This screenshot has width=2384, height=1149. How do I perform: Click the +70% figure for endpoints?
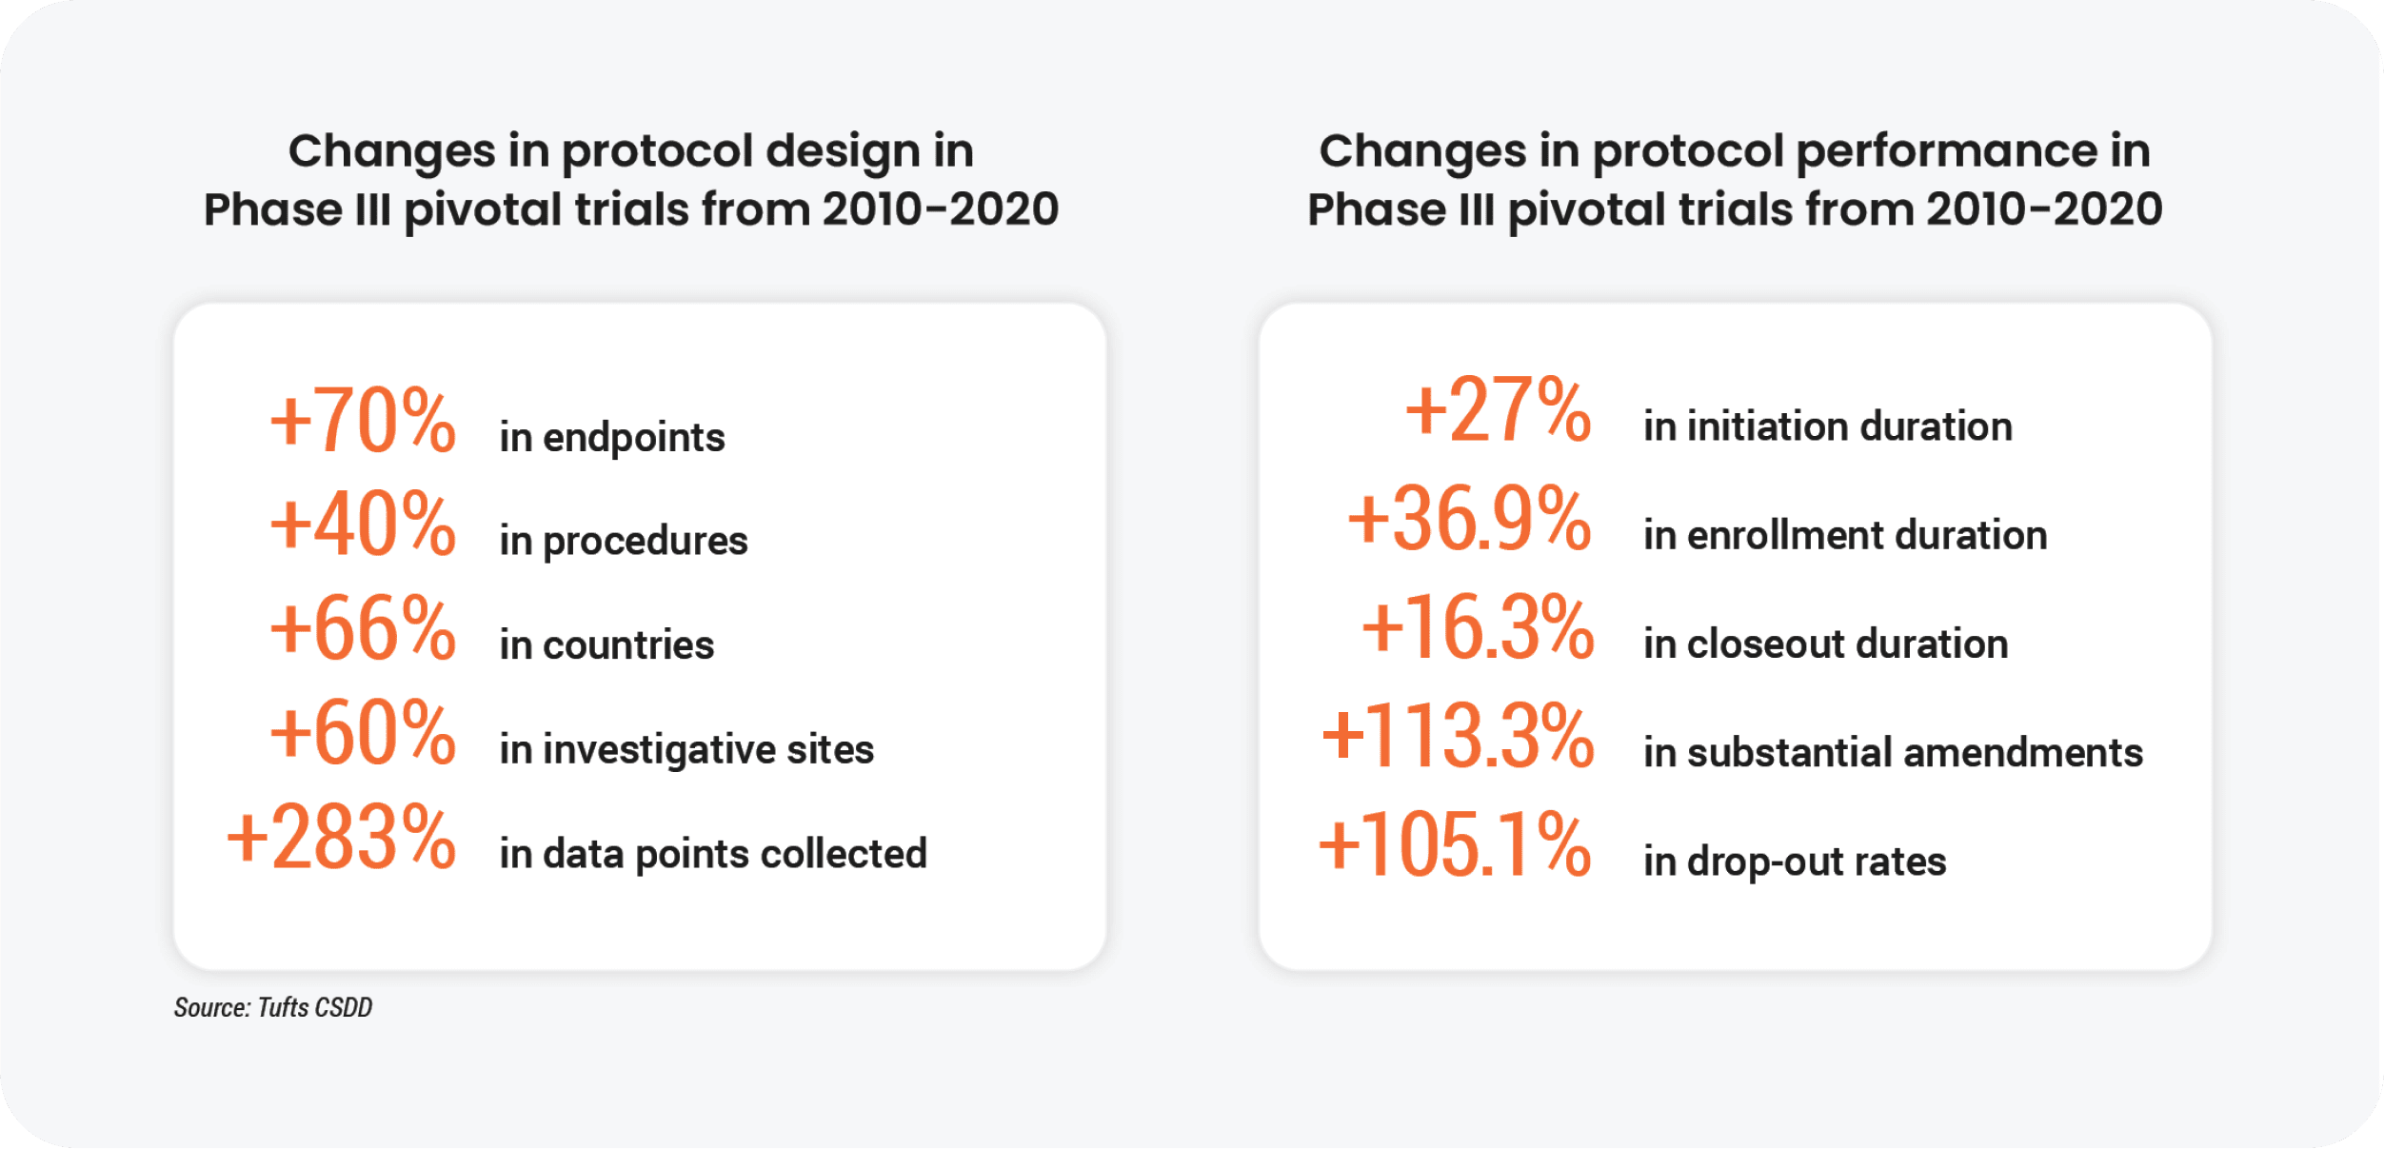coord(363,420)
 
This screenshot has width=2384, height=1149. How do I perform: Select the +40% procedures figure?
coord(363,524)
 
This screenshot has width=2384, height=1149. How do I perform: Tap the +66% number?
coord(363,627)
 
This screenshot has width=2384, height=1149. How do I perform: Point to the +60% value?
coord(363,732)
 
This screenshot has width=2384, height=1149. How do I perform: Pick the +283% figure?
coord(341,837)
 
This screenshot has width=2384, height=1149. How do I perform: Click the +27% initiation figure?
coord(1498,409)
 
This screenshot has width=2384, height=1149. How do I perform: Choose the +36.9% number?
coord(1469,519)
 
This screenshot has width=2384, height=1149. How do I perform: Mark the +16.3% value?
coord(1478,627)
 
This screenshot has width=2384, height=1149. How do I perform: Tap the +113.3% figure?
coord(1458,736)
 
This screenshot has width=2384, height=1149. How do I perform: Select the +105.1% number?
coord(1454,844)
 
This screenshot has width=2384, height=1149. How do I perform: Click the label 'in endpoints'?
coord(612,438)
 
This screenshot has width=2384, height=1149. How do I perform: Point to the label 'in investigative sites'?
coord(686,750)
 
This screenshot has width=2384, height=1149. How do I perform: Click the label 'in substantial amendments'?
coord(1893,752)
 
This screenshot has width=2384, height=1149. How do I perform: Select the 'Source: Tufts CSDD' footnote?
coord(273,1007)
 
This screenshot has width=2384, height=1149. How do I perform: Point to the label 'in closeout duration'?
coord(1826,644)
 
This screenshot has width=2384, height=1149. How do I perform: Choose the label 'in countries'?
coord(606,645)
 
